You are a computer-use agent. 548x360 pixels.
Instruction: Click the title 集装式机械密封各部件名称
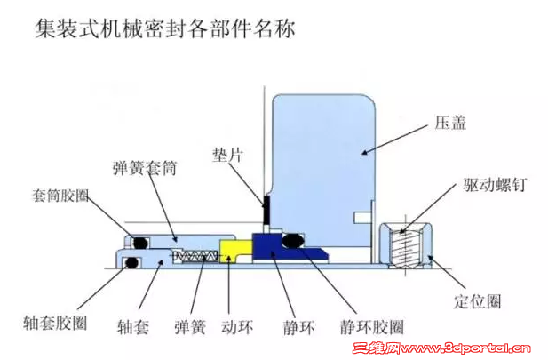[165, 28]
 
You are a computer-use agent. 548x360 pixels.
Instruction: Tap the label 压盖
[450, 124]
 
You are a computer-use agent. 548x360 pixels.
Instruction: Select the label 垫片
[227, 155]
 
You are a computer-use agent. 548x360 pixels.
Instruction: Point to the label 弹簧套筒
[145, 168]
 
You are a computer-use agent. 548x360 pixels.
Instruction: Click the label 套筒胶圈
[60, 196]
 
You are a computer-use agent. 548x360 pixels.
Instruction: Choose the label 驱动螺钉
[495, 184]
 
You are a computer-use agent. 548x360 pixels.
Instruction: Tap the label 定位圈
[478, 301]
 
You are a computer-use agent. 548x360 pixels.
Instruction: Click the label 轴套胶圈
[55, 323]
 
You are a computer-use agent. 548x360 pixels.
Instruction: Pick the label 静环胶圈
[372, 327]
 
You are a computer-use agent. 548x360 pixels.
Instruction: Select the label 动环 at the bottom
[237, 327]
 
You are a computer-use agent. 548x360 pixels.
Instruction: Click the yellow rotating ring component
[235, 250]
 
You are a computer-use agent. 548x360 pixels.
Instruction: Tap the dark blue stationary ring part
[280, 246]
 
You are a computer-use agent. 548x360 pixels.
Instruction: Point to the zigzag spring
[195, 256]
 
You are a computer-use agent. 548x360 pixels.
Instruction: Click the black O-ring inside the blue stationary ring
[293, 241]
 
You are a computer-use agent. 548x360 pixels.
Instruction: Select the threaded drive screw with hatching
[405, 248]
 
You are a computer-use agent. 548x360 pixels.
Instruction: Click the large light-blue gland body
[323, 168]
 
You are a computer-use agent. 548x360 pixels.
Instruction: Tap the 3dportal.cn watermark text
[441, 348]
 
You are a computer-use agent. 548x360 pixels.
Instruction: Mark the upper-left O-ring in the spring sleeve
[139, 243]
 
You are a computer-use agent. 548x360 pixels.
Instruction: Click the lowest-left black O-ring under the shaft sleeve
[131, 262]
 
